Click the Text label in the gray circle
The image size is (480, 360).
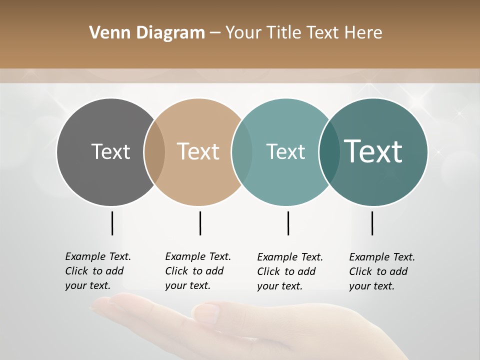(110, 151)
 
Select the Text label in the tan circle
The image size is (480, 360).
(198, 151)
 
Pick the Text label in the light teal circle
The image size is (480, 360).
(285, 151)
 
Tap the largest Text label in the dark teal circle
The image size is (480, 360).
(373, 151)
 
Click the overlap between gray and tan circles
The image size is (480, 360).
(154, 152)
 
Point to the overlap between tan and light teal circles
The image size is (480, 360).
(242, 152)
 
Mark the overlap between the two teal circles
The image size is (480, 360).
(329, 152)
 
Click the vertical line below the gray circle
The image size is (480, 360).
(112, 223)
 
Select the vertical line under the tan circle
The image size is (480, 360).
(200, 223)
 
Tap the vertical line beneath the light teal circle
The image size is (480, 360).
(288, 223)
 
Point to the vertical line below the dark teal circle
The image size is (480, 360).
(372, 223)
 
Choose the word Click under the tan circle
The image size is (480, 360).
(176, 271)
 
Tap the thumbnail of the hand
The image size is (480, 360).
(250, 325)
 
